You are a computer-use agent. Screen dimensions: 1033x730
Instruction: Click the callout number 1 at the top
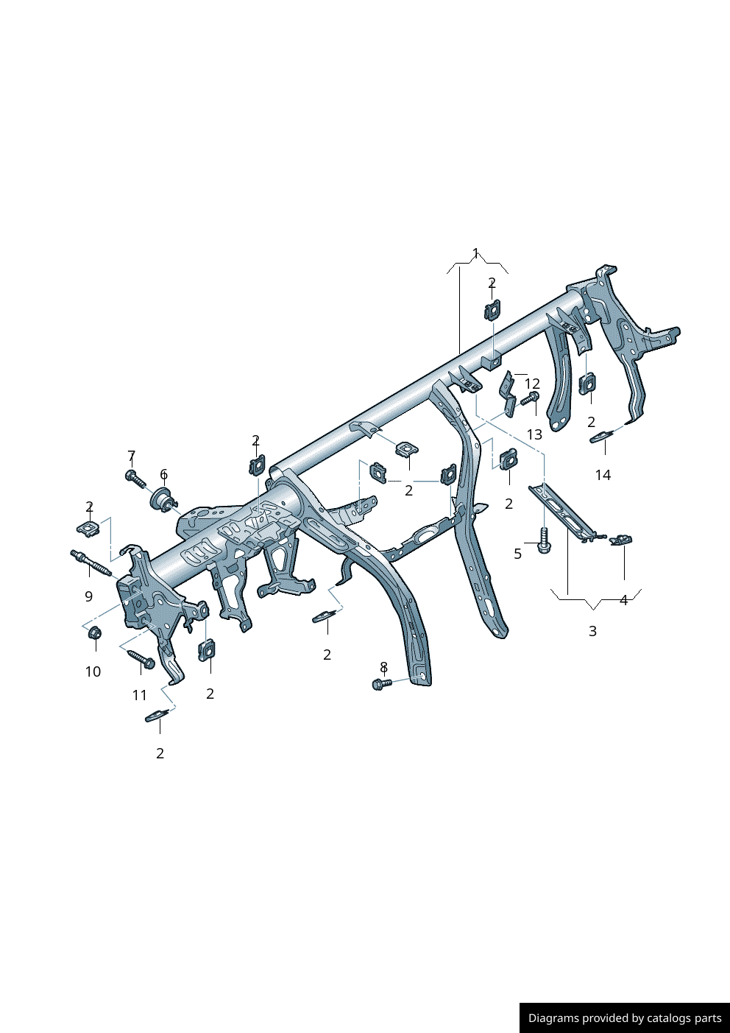(x=475, y=253)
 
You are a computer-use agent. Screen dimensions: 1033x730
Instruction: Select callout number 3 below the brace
(x=592, y=631)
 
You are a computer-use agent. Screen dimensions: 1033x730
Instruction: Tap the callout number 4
(x=623, y=600)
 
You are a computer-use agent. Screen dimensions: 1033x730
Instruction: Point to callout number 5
(x=518, y=554)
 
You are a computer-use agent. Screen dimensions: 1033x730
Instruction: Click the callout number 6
(x=163, y=475)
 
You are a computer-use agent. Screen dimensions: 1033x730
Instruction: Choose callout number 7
(x=132, y=456)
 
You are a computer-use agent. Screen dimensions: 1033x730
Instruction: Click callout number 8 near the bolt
(x=383, y=667)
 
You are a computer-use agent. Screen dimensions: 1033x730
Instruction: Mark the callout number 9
(x=89, y=596)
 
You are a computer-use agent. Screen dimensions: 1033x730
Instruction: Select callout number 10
(x=93, y=671)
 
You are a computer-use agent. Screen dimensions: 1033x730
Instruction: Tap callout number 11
(x=140, y=695)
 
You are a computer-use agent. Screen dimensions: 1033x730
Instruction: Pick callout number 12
(x=532, y=384)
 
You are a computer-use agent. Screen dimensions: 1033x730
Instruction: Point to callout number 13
(x=534, y=434)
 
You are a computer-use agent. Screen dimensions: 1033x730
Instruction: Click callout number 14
(x=603, y=475)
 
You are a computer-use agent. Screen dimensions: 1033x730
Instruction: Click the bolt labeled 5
(x=544, y=542)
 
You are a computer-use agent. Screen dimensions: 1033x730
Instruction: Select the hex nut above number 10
(x=94, y=632)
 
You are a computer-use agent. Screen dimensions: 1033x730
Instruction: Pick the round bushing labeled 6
(x=163, y=499)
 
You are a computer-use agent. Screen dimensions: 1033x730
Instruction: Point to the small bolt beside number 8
(x=381, y=684)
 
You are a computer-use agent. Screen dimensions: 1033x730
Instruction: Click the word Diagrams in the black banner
(x=553, y=1018)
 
